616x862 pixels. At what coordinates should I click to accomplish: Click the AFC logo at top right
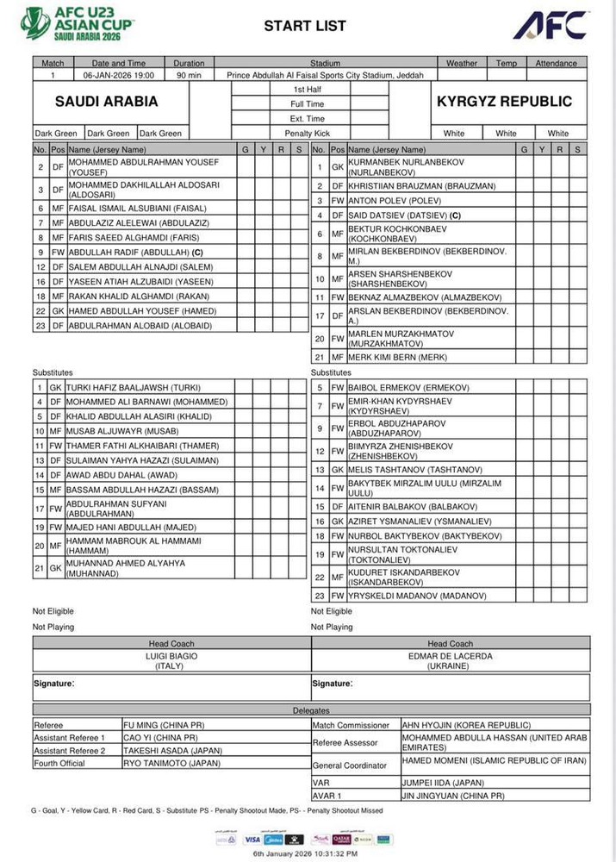[x=551, y=25]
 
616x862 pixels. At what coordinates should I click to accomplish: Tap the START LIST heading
[x=307, y=27]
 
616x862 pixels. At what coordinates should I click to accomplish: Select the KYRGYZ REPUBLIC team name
[x=504, y=102]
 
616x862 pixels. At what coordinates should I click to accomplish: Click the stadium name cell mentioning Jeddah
[x=325, y=75]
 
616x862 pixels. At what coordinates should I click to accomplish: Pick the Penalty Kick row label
[x=308, y=134]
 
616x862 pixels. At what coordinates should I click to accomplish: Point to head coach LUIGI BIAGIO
[x=171, y=656]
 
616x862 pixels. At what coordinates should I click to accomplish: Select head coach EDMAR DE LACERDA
[x=451, y=656]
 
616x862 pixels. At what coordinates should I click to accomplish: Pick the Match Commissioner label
[x=352, y=725]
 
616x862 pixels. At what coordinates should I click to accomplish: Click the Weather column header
[x=462, y=63]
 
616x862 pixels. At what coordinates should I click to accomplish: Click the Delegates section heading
[x=311, y=710]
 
